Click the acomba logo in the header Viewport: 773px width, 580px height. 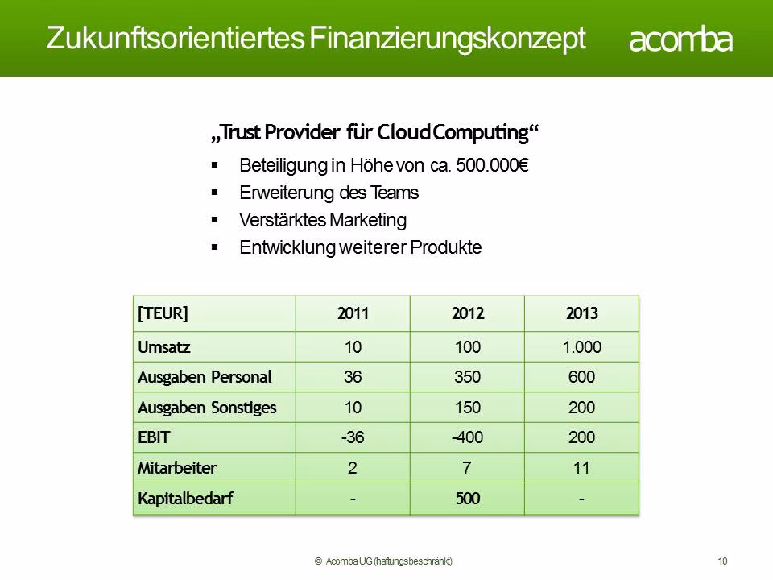(x=680, y=40)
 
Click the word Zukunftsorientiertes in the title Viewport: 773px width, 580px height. (x=176, y=38)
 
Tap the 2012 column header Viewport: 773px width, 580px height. (x=467, y=313)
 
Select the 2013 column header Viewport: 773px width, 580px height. (x=581, y=313)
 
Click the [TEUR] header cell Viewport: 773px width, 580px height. (x=163, y=313)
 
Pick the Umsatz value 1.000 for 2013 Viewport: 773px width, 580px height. (x=581, y=346)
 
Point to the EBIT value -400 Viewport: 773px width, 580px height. (x=467, y=437)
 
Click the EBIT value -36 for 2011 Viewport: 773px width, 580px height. (x=353, y=437)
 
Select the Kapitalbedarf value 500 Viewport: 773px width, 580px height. (x=467, y=498)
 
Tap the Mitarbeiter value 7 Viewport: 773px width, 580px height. (x=466, y=467)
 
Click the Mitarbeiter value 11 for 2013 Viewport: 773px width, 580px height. (x=581, y=467)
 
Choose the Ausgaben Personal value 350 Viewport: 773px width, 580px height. (x=467, y=377)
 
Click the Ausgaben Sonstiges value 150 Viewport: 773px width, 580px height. (x=467, y=408)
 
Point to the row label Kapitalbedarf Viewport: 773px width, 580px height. (x=185, y=498)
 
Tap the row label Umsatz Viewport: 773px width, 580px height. (x=163, y=346)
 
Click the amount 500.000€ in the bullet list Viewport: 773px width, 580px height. (x=492, y=165)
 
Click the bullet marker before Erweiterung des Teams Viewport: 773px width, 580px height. (x=214, y=193)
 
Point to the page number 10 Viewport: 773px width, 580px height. (x=722, y=561)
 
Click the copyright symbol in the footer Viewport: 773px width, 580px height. (x=318, y=561)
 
